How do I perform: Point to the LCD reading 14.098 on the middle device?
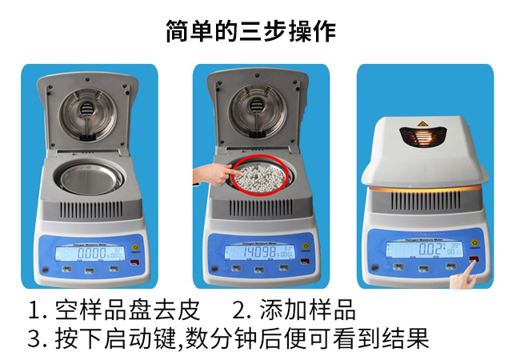(255, 253)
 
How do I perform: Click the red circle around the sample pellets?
(258, 177)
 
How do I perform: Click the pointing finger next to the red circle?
(210, 173)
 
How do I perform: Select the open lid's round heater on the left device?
(89, 112)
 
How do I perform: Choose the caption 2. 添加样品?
(294, 310)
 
